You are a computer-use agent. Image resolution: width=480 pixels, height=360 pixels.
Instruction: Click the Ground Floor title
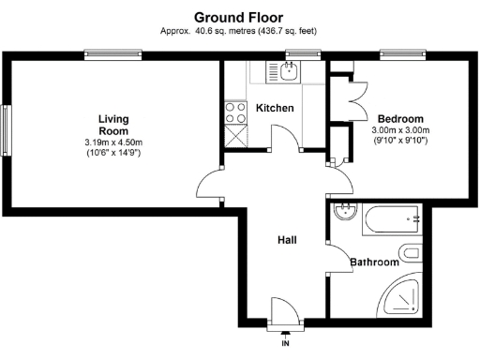pos(239,16)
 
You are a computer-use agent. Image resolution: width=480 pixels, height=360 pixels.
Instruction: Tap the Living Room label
pos(112,125)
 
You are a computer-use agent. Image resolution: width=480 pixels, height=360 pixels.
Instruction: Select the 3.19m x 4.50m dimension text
pos(112,142)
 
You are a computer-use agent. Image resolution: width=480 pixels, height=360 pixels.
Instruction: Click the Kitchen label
pos(275,108)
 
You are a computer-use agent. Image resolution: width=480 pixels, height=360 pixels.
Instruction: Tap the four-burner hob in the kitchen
pos(232,112)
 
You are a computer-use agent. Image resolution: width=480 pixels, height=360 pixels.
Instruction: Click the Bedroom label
pos(399,119)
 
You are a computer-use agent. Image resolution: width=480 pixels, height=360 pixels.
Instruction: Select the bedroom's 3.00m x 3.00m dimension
pos(399,130)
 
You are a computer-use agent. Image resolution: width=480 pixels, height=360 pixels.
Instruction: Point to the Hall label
pos(287,240)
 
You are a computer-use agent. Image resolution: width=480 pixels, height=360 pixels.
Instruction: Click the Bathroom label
pos(375,262)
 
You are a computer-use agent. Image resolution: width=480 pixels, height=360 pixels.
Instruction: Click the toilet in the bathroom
pos(412,252)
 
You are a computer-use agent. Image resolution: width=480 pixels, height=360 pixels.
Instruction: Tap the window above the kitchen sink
pos(301,54)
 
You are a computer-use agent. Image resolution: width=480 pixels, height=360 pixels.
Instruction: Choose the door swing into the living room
pos(212,191)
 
